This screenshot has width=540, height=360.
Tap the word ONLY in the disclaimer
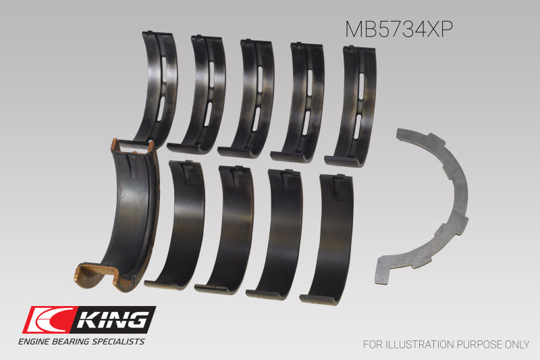tap(515, 344)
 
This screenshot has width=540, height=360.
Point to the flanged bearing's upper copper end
tap(132, 145)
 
